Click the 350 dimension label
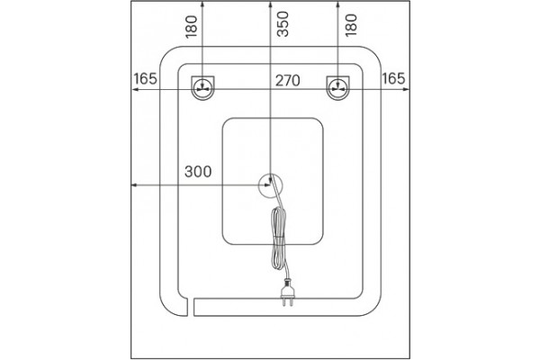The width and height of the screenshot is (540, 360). (283, 23)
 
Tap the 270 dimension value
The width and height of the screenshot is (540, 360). (288, 81)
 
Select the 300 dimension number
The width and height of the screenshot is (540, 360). (198, 172)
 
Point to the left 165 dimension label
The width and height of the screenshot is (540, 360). (145, 79)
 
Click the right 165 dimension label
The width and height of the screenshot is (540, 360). (393, 79)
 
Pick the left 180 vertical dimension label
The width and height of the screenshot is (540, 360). (192, 26)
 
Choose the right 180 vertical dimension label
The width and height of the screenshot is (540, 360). (351, 25)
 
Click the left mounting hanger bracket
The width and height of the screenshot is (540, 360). (202, 88)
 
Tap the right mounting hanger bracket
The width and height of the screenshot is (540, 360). (337, 88)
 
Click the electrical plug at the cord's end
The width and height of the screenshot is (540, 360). (288, 292)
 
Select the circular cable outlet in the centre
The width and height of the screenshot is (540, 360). (270, 185)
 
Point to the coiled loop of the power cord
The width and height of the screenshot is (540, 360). (279, 238)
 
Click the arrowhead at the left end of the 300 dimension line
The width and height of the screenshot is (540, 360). (134, 185)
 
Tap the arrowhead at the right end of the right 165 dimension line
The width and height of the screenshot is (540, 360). (407, 89)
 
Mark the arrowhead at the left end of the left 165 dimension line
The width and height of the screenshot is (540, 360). (134, 89)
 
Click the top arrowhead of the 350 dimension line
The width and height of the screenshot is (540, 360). (270, 4)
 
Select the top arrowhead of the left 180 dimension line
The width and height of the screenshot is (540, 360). (202, 4)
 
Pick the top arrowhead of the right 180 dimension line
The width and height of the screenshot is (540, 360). (337, 4)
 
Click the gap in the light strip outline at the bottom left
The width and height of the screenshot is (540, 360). (191, 307)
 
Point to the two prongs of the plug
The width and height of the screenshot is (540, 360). (288, 302)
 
